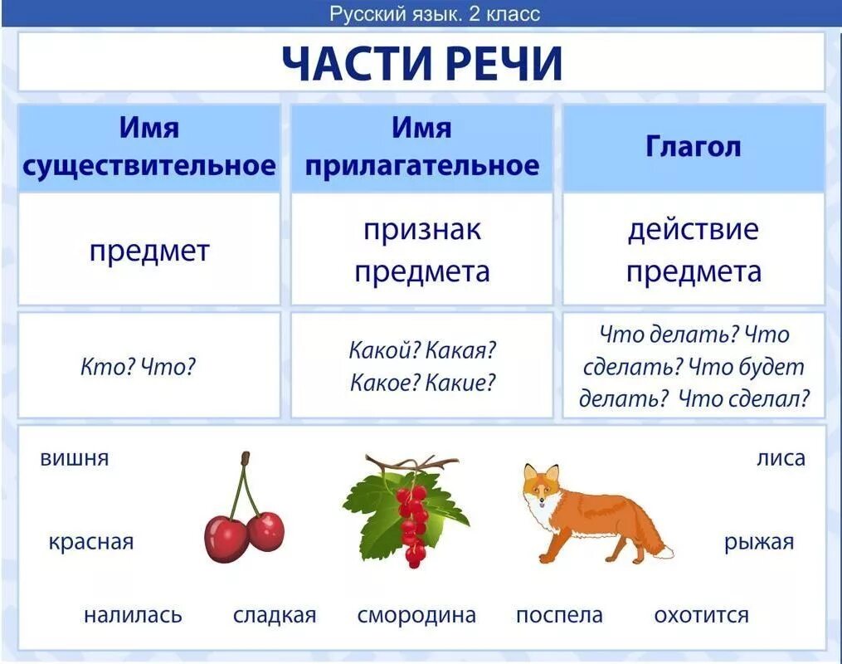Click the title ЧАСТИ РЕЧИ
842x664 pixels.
(x=421, y=63)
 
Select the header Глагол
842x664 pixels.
(x=693, y=147)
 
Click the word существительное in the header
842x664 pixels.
(x=149, y=165)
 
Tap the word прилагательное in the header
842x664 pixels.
(x=421, y=165)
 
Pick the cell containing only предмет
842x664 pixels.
(x=149, y=251)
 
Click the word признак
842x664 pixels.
(x=421, y=230)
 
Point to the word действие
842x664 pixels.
(x=693, y=230)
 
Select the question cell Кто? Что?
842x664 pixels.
(x=138, y=366)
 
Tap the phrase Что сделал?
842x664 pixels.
(x=743, y=398)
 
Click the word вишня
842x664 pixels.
(x=75, y=458)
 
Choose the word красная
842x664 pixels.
(x=90, y=543)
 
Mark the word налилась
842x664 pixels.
(x=133, y=616)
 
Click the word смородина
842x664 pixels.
(x=416, y=616)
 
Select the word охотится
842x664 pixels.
(x=701, y=616)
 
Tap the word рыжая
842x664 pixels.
(x=759, y=543)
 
